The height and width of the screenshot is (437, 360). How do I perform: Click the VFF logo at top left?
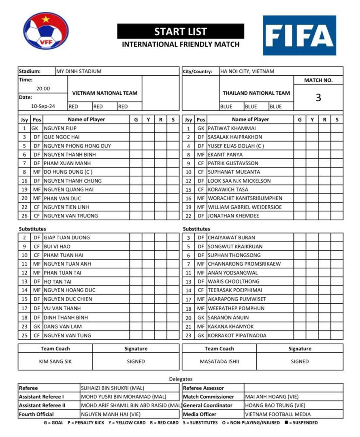[x=46, y=31]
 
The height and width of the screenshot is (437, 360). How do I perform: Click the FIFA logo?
[x=299, y=35]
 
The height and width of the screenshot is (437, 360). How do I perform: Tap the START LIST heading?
[x=181, y=32]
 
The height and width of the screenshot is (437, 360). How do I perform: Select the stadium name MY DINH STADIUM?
[x=79, y=71]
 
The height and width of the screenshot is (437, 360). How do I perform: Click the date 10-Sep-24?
[x=43, y=107]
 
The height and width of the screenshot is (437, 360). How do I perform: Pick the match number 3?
[x=318, y=98]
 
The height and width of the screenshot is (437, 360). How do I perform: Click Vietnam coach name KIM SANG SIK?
[x=55, y=361]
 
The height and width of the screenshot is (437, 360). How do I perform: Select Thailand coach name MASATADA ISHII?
[x=219, y=361]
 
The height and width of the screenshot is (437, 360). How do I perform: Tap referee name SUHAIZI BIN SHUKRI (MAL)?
[x=113, y=388]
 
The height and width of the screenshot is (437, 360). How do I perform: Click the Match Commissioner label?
[x=209, y=397]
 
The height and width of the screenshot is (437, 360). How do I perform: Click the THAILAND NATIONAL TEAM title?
[x=256, y=93]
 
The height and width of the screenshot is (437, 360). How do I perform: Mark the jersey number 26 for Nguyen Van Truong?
[x=24, y=216]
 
